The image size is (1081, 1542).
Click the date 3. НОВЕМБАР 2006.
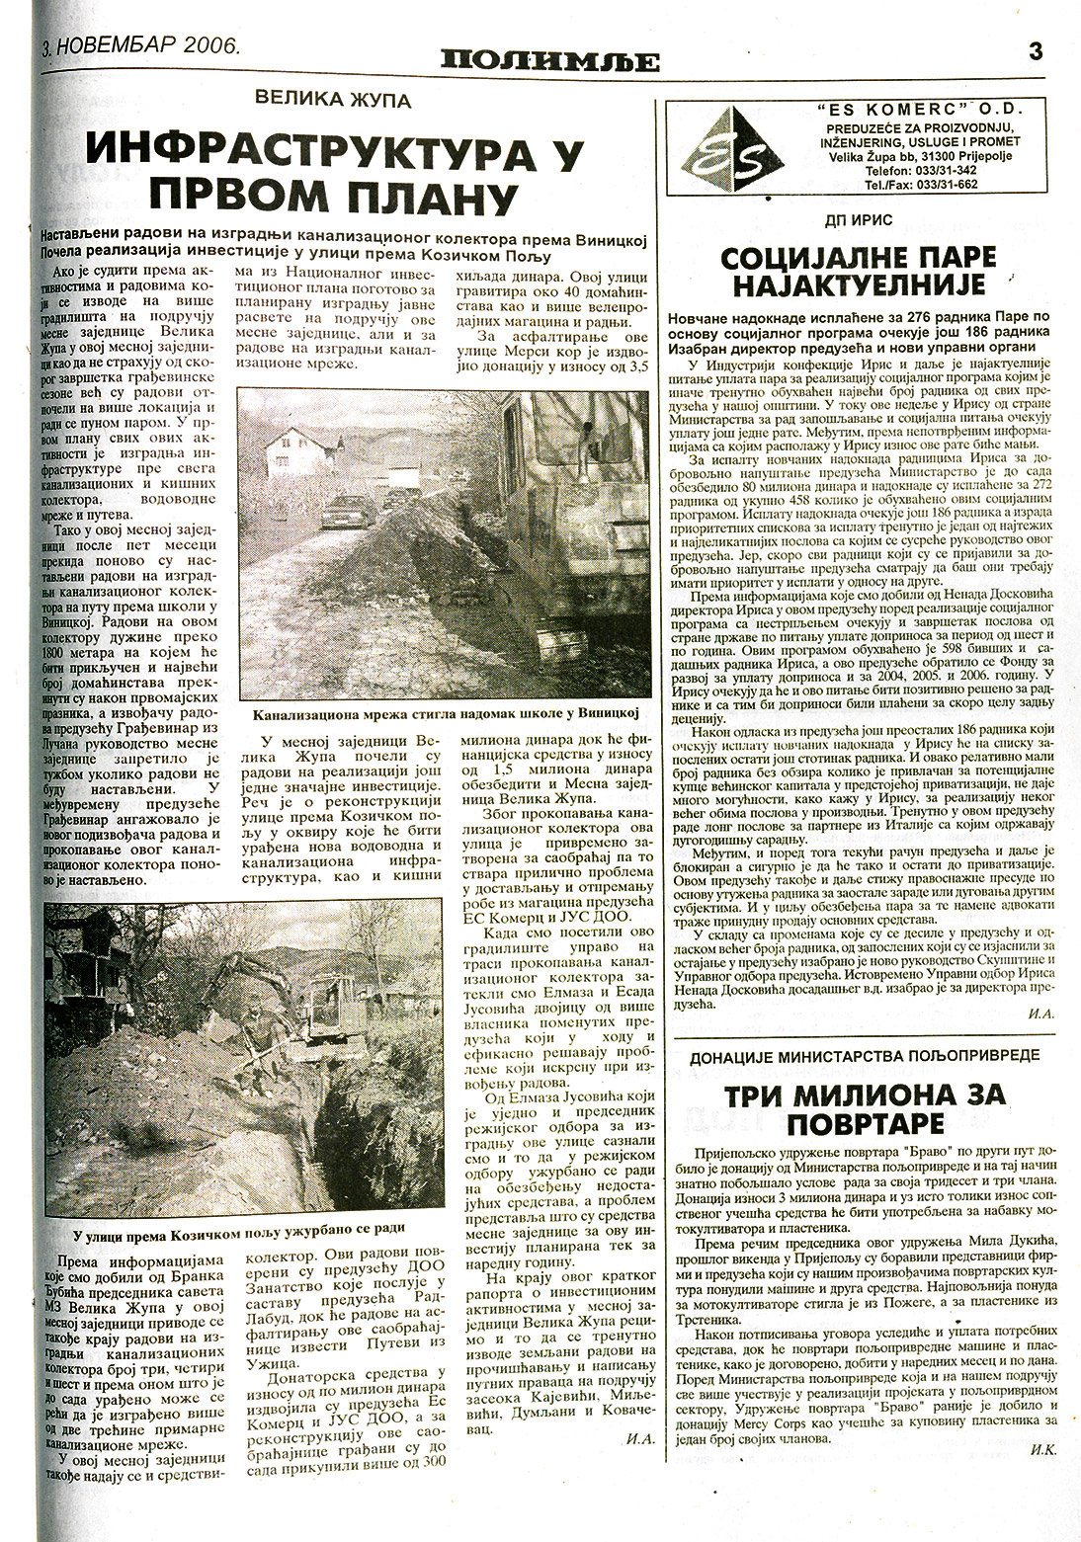click(139, 46)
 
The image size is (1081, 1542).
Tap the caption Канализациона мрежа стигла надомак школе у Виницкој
click(447, 713)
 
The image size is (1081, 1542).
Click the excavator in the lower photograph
click(331, 1027)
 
